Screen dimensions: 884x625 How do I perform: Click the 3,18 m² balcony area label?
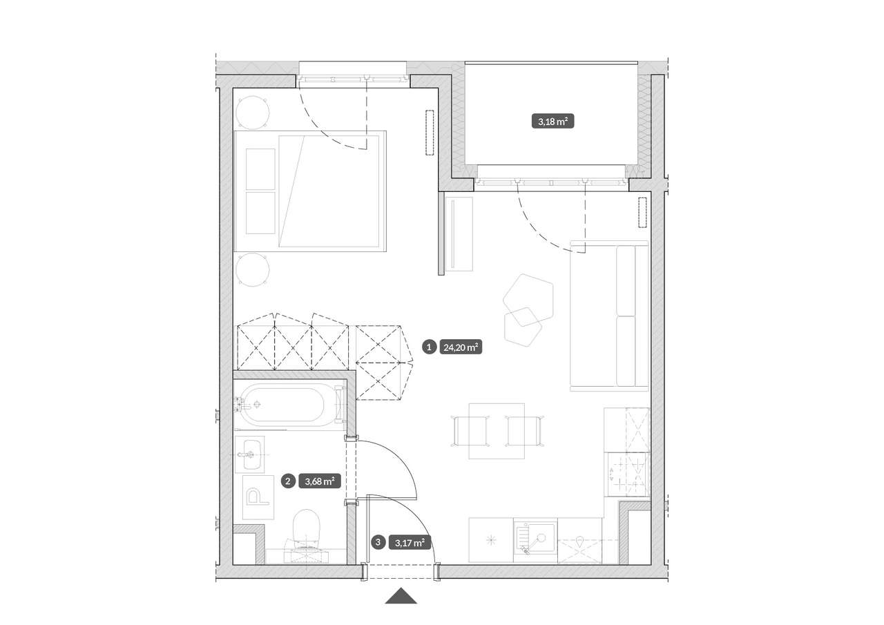(x=553, y=122)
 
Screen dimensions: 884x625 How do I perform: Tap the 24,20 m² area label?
(x=461, y=347)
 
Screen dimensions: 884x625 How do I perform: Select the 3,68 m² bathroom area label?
(x=320, y=481)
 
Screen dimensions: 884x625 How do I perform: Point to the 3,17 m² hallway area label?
(x=410, y=543)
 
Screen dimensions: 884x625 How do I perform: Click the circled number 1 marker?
(x=429, y=347)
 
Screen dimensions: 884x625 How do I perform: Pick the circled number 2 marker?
(x=288, y=481)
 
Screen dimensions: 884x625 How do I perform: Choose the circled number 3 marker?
(x=378, y=542)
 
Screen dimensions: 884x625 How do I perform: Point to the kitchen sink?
(x=535, y=540)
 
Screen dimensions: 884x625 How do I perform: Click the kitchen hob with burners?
(x=628, y=474)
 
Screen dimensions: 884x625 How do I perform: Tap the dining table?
(x=497, y=431)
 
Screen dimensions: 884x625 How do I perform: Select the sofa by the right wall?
(x=609, y=316)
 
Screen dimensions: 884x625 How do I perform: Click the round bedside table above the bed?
(x=253, y=113)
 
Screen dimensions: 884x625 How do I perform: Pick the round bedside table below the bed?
(x=253, y=270)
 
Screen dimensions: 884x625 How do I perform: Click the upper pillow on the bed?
(x=260, y=169)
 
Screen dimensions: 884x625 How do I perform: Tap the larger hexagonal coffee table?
(x=528, y=300)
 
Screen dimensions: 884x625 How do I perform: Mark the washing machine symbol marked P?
(x=258, y=497)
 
